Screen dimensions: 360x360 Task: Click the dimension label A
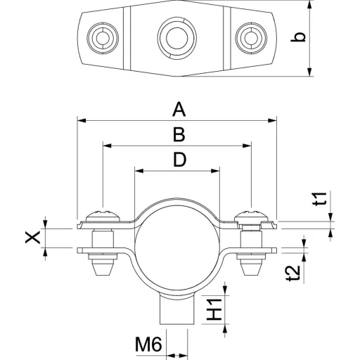(179, 109)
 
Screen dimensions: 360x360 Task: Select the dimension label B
(179, 134)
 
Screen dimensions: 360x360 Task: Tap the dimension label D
(179, 160)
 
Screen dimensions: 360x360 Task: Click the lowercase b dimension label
(298, 37)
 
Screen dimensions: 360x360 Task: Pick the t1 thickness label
(320, 199)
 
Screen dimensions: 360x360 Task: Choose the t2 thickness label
(293, 273)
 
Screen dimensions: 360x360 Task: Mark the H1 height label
(214, 309)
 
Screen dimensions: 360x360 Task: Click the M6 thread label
(148, 345)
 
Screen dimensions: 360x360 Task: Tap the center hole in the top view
(177, 38)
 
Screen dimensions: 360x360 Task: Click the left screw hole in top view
(103, 38)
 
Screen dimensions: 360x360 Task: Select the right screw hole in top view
(251, 38)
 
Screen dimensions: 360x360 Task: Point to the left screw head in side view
(103, 216)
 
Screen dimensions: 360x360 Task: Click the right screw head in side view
(251, 216)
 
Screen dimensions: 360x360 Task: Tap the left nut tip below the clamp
(103, 269)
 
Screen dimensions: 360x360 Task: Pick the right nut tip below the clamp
(251, 269)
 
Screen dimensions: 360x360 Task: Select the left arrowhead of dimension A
(82, 120)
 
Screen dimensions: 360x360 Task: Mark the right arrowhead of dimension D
(215, 171)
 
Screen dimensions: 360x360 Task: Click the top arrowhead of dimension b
(310, 5)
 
